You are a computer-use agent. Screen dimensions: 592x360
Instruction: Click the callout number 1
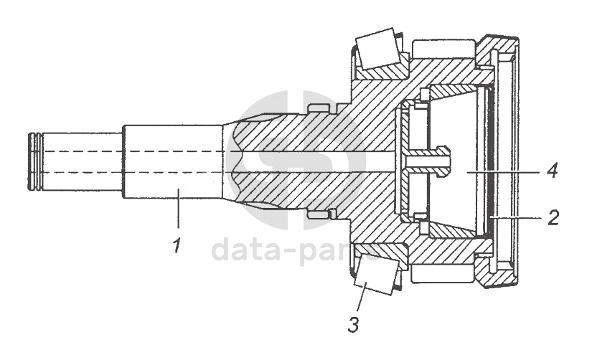[x=175, y=247]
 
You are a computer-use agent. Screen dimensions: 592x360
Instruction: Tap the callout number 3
[x=353, y=323]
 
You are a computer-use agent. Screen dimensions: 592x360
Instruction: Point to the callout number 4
[x=550, y=172]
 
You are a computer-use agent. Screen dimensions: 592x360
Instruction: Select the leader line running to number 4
[x=502, y=172]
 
